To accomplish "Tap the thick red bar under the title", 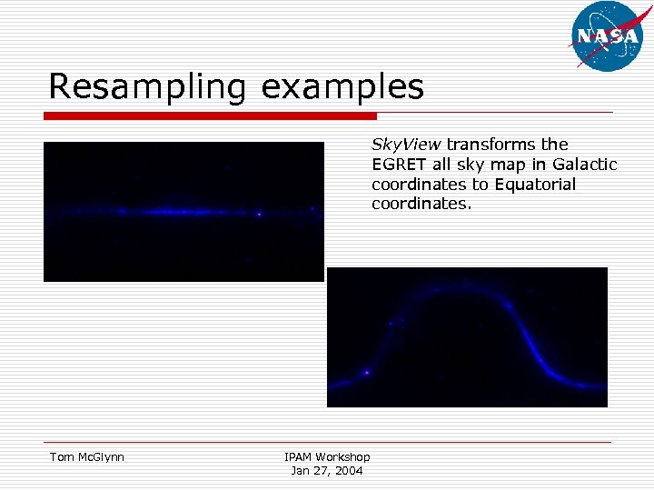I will [x=210, y=116].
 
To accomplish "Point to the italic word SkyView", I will [x=405, y=145].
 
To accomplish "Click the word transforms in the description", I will [x=489, y=145].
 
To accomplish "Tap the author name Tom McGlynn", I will [x=86, y=457].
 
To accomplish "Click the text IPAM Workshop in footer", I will [x=327, y=457].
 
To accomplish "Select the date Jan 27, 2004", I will [x=327, y=470].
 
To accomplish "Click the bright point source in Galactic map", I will [x=259, y=215].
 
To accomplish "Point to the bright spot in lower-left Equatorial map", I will [x=366, y=372].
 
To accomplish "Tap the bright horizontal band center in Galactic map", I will [x=182, y=212].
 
